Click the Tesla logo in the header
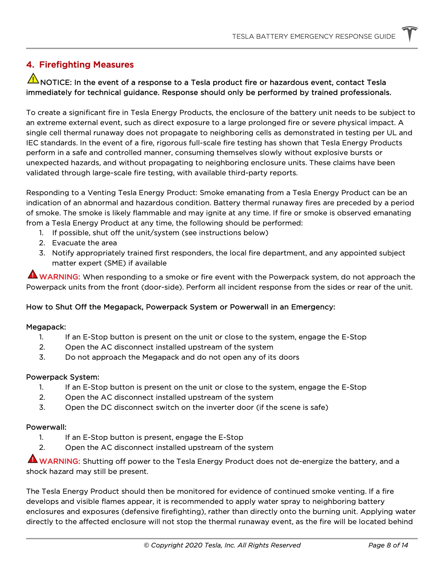tap(410, 34)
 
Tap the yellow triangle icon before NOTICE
tap(33, 78)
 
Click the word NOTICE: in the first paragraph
tap(56, 83)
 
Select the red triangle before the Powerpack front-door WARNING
tap(32, 274)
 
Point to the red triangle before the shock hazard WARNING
tap(32, 459)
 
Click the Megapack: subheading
tap(46, 327)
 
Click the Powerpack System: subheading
tap(63, 377)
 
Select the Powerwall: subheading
tap(46, 428)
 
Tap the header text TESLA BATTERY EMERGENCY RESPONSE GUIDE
tap(314, 37)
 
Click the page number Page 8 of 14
tap(388, 545)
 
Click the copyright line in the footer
tap(222, 545)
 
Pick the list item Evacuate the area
tap(84, 243)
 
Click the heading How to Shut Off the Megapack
tap(180, 307)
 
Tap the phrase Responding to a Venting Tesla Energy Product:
tap(112, 193)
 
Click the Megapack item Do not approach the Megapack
tap(182, 358)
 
